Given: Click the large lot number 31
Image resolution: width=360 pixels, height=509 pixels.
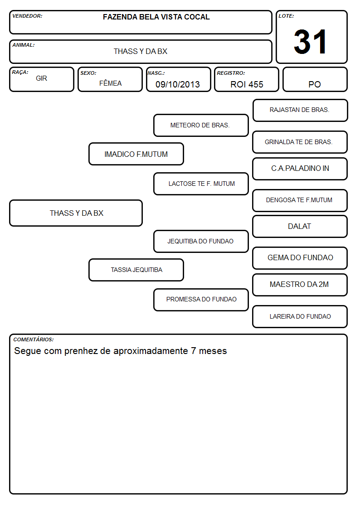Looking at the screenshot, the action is pyautogui.click(x=310, y=42).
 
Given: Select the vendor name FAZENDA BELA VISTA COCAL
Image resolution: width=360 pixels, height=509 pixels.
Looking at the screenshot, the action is pyautogui.click(x=156, y=17).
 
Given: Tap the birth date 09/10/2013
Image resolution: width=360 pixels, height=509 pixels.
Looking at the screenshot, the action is pyautogui.click(x=178, y=84).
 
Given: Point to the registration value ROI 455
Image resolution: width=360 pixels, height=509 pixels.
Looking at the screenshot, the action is pyautogui.click(x=247, y=84).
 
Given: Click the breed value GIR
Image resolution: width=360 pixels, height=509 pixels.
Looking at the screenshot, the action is pyautogui.click(x=42, y=78).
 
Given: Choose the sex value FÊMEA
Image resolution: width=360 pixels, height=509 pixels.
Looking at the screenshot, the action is pyautogui.click(x=110, y=83).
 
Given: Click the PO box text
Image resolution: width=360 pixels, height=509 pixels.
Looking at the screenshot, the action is pyautogui.click(x=315, y=84).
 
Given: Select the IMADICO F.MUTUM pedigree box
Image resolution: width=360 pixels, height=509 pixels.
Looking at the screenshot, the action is pyautogui.click(x=136, y=154).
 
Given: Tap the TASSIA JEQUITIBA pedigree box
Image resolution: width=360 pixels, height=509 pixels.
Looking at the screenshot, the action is pyautogui.click(x=136, y=270).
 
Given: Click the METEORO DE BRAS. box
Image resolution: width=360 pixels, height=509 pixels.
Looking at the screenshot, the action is pyautogui.click(x=201, y=125).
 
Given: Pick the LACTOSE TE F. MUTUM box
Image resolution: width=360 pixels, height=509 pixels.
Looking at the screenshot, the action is pyautogui.click(x=201, y=184).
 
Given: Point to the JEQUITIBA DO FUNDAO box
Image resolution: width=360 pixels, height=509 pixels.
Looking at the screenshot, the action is pyautogui.click(x=201, y=241).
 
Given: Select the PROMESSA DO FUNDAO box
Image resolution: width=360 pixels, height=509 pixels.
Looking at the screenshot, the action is pyautogui.click(x=201, y=300).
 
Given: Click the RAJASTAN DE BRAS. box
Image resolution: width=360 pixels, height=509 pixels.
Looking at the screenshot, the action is pyautogui.click(x=300, y=111).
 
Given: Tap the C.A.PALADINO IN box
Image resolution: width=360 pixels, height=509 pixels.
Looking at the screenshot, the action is pyautogui.click(x=300, y=169).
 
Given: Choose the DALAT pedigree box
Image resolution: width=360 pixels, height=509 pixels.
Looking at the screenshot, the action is pyautogui.click(x=300, y=227).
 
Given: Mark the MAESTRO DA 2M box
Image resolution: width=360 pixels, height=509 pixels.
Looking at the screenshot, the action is pyautogui.click(x=300, y=285).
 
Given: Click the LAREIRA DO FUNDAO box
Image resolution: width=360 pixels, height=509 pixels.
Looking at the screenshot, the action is pyautogui.click(x=300, y=316).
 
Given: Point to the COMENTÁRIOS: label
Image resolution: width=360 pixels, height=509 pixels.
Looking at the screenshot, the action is pyautogui.click(x=34, y=339).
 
